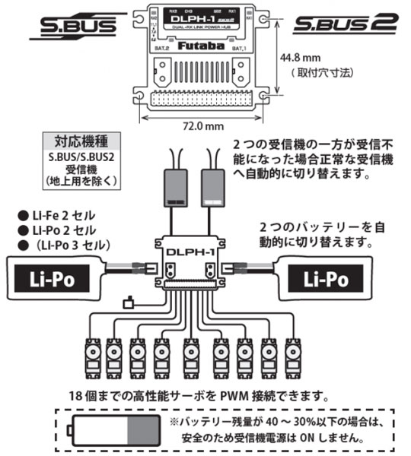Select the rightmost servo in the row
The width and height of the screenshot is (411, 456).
pyautogui.click(x=293, y=353)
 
